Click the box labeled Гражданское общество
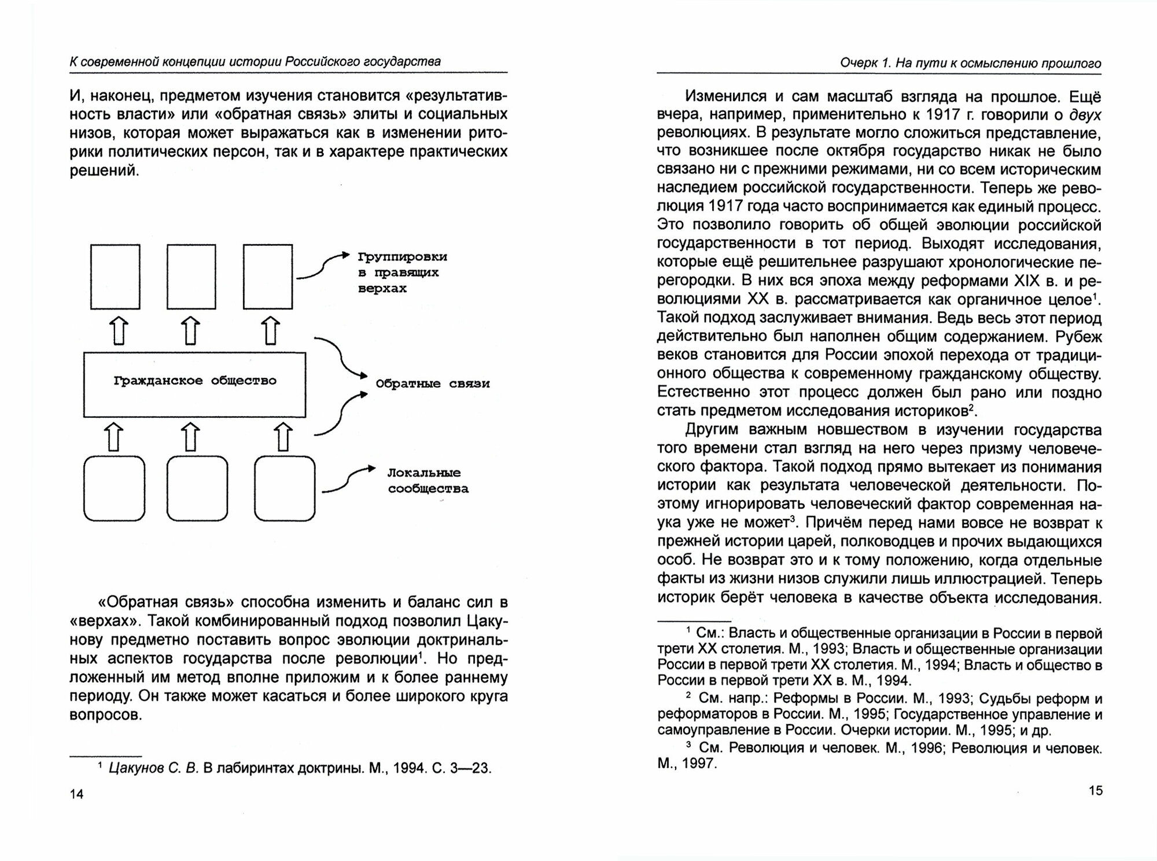click(x=194, y=384)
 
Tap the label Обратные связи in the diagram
click(x=432, y=384)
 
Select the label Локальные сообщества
click(x=428, y=481)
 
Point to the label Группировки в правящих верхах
click(x=401, y=272)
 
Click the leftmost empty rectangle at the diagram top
click(x=115, y=277)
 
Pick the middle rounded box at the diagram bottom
click(x=197, y=488)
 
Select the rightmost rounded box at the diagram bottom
click(x=285, y=488)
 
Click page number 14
click(x=76, y=794)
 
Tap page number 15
click(x=1095, y=790)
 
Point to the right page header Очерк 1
click(x=864, y=63)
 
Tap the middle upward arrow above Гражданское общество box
click(x=191, y=331)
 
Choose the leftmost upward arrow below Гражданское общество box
click(x=115, y=436)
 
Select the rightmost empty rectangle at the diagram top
click(x=268, y=277)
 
